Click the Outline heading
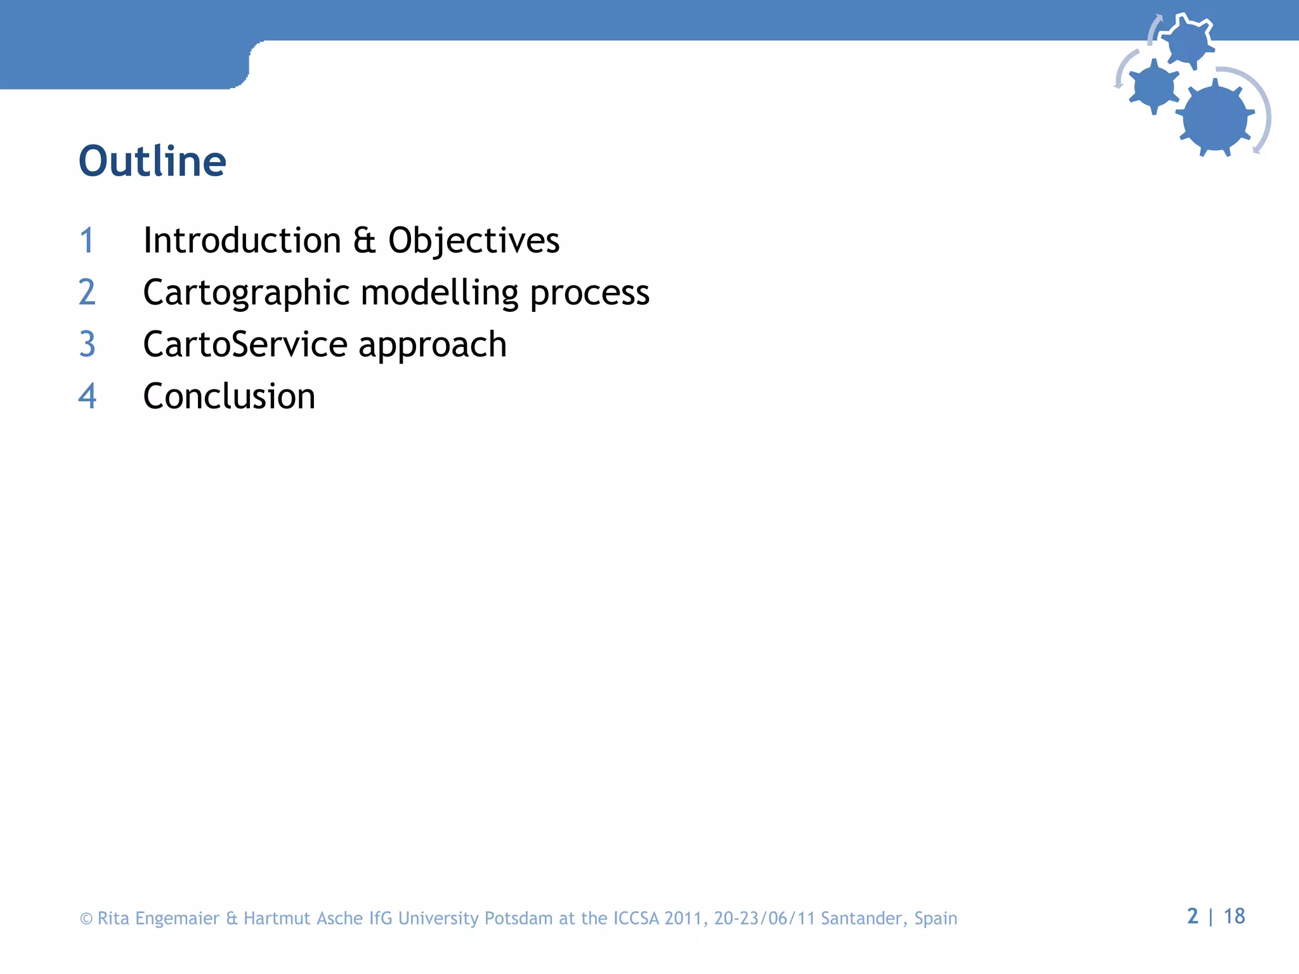tap(152, 161)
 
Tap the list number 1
tap(87, 241)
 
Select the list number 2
tap(87, 293)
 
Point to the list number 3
tap(87, 345)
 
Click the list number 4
tap(87, 397)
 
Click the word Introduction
tap(242, 241)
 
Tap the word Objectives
tap(474, 241)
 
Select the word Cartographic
tap(246, 293)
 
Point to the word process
tap(589, 293)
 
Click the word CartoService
tap(245, 345)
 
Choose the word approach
tap(433, 345)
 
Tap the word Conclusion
tap(229, 397)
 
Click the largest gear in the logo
tap(1215, 117)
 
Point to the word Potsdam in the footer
tap(518, 918)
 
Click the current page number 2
tap(1192, 916)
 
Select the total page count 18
tap(1234, 916)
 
